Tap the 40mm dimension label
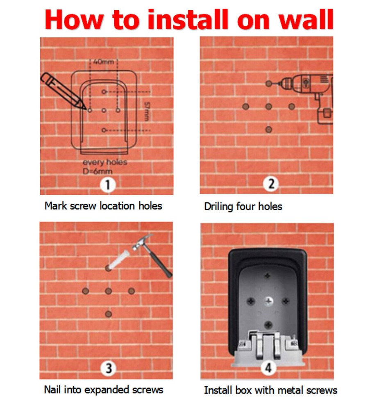(x=104, y=62)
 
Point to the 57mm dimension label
(x=147, y=112)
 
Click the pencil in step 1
(x=63, y=90)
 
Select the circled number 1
(x=108, y=185)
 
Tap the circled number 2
(x=271, y=184)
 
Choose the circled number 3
(x=108, y=368)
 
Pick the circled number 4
(x=268, y=368)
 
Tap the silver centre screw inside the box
(x=268, y=301)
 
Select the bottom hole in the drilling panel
(x=269, y=130)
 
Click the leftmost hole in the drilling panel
(x=245, y=107)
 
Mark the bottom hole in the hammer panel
(x=109, y=314)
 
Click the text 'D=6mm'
(x=98, y=171)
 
